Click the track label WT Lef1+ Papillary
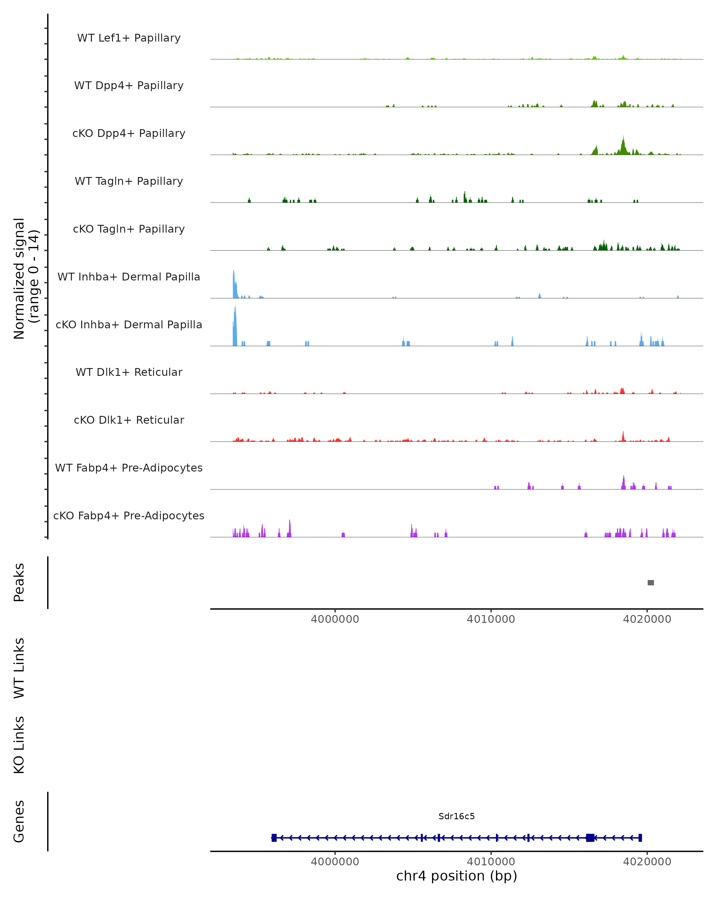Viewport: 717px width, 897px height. click(129, 38)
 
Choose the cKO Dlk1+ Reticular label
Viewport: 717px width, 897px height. click(129, 420)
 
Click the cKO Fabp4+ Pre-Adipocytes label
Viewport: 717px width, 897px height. click(129, 515)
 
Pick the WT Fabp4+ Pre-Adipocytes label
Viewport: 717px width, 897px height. click(129, 468)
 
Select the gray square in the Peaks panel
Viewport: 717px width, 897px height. click(651, 582)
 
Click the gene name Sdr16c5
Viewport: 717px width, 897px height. click(456, 816)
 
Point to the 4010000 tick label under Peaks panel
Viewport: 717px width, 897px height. click(491, 619)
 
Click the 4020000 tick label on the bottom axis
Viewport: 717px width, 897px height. click(647, 862)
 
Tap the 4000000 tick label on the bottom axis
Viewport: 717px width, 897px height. click(335, 862)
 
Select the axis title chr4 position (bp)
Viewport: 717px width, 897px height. click(456, 876)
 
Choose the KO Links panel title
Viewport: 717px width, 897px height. click(19, 745)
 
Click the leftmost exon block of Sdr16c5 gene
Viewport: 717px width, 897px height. click(274, 838)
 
